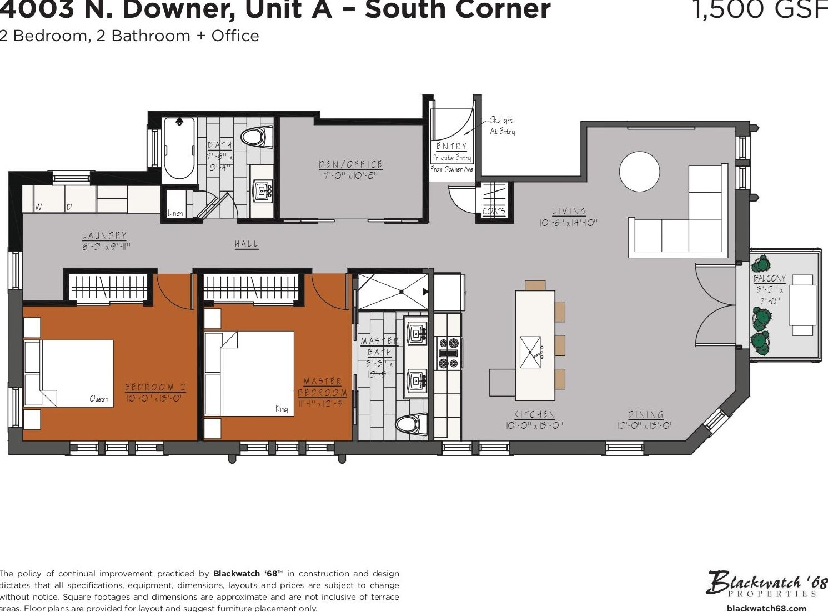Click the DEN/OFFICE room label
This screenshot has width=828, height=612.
[350, 164]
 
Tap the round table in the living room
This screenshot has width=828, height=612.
[639, 172]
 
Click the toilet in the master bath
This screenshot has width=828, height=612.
[410, 425]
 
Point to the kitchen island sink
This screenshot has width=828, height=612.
[530, 352]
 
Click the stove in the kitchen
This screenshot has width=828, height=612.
[448, 352]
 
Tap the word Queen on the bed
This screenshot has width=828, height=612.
[99, 399]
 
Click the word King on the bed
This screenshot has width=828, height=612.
[282, 409]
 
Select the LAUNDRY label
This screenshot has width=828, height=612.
[104, 235]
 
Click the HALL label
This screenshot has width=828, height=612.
[246, 244]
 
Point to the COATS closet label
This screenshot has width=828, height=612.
[494, 211]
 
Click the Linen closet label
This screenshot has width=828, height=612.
[175, 213]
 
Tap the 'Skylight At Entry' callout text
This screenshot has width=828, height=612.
[501, 126]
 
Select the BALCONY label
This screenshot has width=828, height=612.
[769, 278]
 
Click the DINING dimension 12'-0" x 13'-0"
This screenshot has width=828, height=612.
[645, 425]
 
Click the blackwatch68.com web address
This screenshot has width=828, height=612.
[766, 608]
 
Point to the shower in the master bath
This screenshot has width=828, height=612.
[392, 291]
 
